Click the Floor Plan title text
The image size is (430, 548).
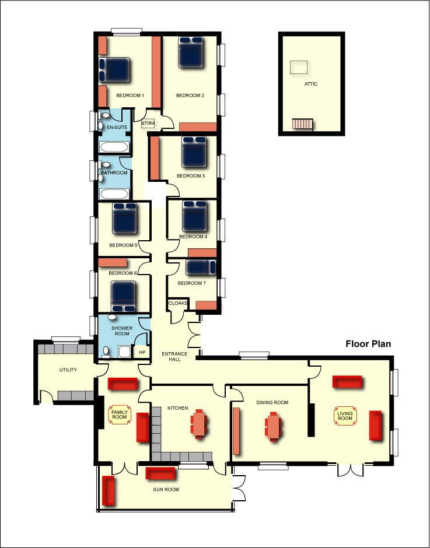coord(368,344)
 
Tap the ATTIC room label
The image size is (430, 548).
coord(311,84)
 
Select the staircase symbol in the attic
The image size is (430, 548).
coord(302,124)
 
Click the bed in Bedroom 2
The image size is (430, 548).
coord(191,52)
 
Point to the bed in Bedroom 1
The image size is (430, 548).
coord(114,70)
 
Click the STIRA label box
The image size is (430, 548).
coord(148,124)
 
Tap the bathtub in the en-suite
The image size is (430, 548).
coord(114,147)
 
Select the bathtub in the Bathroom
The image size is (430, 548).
coord(114,194)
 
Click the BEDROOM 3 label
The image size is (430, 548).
coord(191,176)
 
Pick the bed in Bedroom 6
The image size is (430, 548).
coord(123,296)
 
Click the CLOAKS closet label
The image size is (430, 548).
coord(178,303)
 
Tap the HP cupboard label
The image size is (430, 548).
coord(142,352)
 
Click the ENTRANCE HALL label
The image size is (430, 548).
coord(174,356)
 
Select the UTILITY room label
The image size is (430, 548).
coord(68,370)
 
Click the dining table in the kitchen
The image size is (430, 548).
coord(199,424)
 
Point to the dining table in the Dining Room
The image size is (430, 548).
coord(273,427)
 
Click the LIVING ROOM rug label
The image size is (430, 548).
coord(345,416)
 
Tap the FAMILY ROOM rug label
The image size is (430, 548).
coord(119,415)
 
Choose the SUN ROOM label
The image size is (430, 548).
coord(166,490)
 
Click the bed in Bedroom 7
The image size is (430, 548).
coord(201,268)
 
